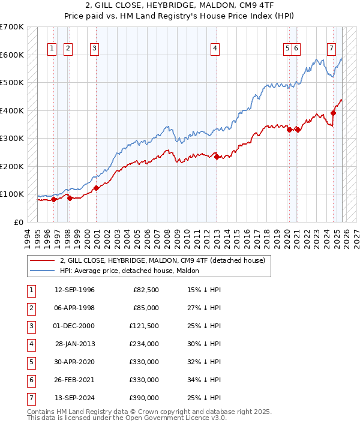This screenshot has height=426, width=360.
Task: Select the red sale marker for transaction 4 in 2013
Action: tap(217, 157)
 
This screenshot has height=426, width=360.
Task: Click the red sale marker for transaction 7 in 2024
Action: tap(334, 113)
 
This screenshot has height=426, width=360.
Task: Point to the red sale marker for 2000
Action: tap(96, 188)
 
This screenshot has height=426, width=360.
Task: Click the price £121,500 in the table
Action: tap(143, 326)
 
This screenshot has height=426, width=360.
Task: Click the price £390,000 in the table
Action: tap(143, 398)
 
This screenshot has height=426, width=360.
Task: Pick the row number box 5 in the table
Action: tap(30, 362)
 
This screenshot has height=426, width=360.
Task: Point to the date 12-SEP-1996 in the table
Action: tap(74, 290)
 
